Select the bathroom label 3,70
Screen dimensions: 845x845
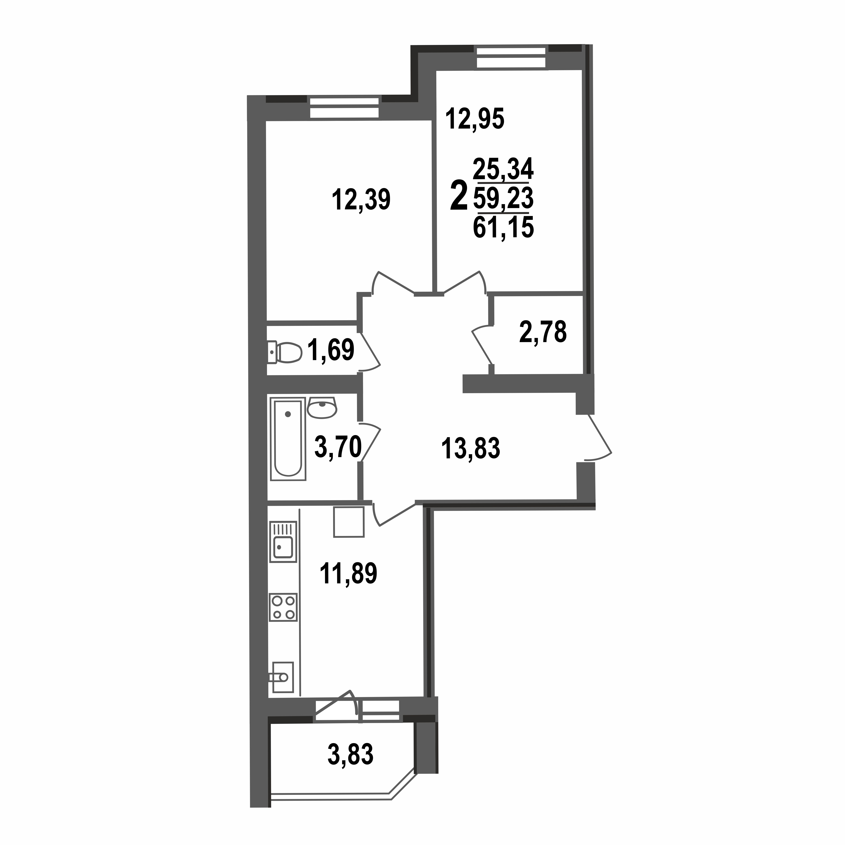[x=338, y=447]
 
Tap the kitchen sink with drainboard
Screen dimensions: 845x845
[x=283, y=541]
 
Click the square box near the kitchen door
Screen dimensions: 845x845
[x=349, y=522]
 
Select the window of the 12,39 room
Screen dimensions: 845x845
[x=344, y=108]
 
